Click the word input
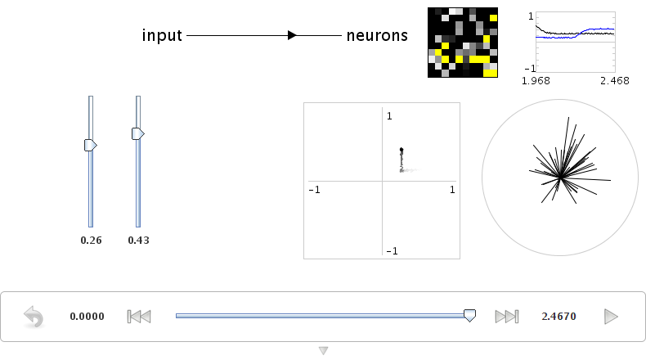(x=162, y=35)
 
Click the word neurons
(x=377, y=35)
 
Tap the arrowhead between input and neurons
(x=292, y=35)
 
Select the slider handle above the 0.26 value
(x=91, y=145)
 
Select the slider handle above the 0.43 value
(x=138, y=133)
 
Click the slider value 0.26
(x=91, y=241)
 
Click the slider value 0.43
(x=138, y=241)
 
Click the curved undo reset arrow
(x=34, y=317)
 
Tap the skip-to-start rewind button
(x=139, y=317)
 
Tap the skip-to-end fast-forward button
(x=507, y=317)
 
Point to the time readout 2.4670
(x=559, y=317)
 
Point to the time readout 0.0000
(x=87, y=317)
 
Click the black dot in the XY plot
(x=402, y=150)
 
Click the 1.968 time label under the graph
(x=536, y=81)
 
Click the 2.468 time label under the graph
(x=615, y=81)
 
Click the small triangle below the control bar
(x=324, y=350)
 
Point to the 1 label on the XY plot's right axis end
(x=452, y=190)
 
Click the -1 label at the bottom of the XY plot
(x=393, y=251)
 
